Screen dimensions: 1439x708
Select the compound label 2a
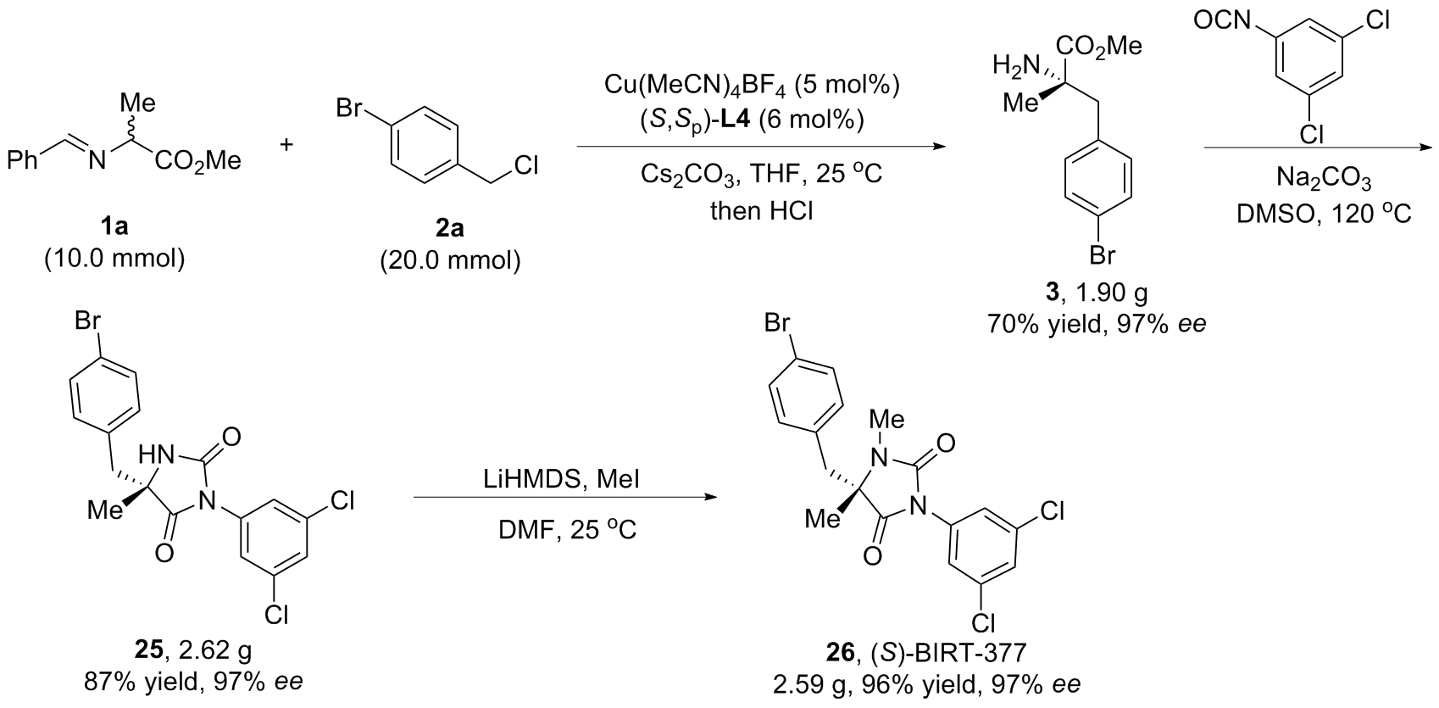point(450,228)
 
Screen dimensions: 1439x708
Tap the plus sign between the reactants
point(286,144)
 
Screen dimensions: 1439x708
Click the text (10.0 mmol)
point(114,259)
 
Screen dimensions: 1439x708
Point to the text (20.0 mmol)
point(450,260)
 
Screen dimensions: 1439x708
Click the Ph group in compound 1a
point(23,160)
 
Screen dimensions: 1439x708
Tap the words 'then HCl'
point(761,211)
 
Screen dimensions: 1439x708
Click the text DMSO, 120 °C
point(1324,214)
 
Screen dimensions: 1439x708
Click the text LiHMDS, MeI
point(562,479)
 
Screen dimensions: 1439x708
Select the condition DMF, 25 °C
point(568,530)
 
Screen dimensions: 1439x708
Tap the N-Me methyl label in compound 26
point(886,421)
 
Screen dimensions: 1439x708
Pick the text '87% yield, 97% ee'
point(192,682)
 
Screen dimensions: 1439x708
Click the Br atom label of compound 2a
point(349,108)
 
